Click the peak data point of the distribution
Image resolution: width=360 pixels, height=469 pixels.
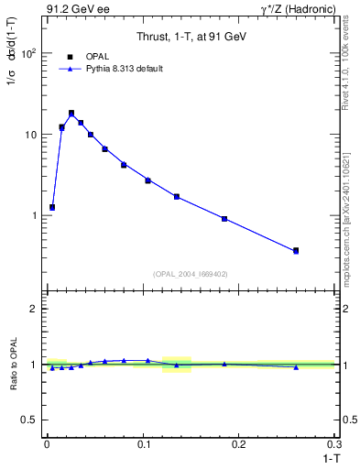point(71,114)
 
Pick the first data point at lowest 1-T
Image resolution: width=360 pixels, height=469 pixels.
point(52,207)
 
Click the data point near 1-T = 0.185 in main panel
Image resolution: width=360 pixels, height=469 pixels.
point(224,219)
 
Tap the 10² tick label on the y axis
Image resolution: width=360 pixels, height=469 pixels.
point(29,53)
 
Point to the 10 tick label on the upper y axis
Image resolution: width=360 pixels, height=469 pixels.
point(31,135)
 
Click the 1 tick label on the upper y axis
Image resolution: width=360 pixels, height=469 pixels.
point(35,216)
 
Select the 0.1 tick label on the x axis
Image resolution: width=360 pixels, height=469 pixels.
point(143,443)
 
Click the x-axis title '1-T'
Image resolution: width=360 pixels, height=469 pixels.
point(329,457)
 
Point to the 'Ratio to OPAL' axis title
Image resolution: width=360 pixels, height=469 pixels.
point(12,364)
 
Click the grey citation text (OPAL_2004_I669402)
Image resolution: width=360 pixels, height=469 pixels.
point(191,273)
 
